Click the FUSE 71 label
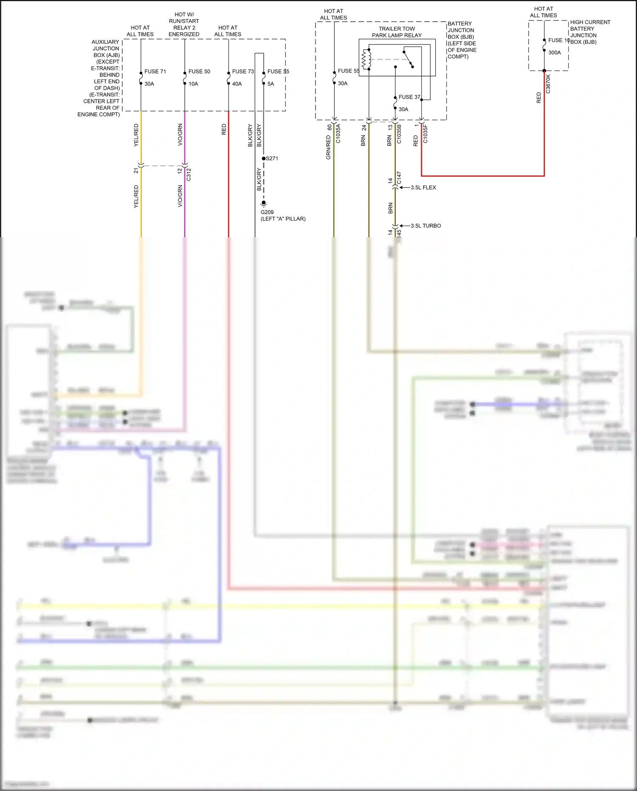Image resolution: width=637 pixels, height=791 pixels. click(x=155, y=71)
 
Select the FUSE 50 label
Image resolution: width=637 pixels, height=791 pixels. click(x=199, y=71)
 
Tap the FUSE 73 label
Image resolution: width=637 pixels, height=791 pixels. click(x=243, y=71)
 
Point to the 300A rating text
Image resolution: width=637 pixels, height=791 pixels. click(x=554, y=53)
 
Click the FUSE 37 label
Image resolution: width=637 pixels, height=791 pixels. click(x=409, y=97)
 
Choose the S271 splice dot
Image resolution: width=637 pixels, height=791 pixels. click(x=264, y=159)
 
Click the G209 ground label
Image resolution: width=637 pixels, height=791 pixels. click(x=267, y=212)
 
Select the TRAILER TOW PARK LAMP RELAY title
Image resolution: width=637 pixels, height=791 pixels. click(x=397, y=32)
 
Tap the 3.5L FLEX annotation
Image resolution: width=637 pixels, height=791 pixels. click(x=423, y=187)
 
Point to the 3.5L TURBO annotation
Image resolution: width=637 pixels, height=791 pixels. click(x=426, y=226)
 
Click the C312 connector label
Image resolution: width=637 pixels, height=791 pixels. click(x=189, y=174)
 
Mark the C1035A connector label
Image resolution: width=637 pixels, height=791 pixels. click(x=338, y=133)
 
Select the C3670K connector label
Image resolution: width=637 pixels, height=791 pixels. click(x=548, y=84)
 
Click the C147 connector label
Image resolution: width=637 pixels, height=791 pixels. click(x=399, y=178)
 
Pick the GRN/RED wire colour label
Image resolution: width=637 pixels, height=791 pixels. click(x=328, y=147)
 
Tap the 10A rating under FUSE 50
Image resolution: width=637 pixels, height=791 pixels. click(x=193, y=84)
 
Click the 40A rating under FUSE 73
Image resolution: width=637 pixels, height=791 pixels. click(x=237, y=84)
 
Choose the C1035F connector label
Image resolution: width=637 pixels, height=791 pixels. click(x=426, y=133)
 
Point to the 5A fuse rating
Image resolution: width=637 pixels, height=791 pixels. click(x=271, y=84)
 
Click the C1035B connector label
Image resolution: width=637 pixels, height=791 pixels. click(x=399, y=134)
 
